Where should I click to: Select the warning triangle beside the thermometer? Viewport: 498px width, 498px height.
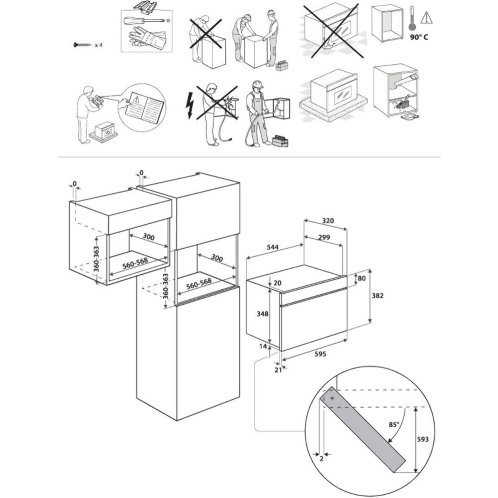tap(425, 17)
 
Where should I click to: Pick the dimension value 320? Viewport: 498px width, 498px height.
tap(328, 221)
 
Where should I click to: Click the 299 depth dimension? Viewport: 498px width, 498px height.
tap(324, 237)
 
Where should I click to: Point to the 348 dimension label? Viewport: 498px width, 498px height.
tap(263, 314)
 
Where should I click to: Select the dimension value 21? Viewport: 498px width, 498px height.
tap(278, 370)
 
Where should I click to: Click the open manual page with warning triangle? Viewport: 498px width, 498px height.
tap(142, 106)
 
